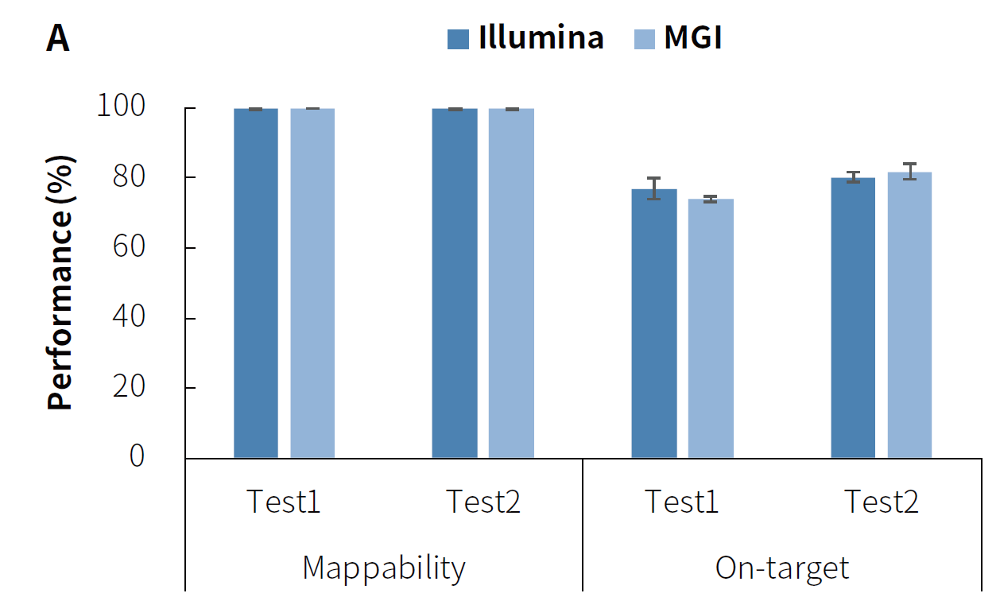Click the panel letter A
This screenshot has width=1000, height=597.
pyautogui.click(x=58, y=39)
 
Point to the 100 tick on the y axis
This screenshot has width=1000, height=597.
pyautogui.click(x=121, y=107)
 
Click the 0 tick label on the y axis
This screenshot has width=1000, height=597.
pyautogui.click(x=138, y=457)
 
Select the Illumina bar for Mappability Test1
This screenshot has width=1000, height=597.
pyautogui.click(x=256, y=283)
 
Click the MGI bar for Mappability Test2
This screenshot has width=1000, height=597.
pyautogui.click(x=511, y=283)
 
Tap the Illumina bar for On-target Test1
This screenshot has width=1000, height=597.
pyautogui.click(x=654, y=324)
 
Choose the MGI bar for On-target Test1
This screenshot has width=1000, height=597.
pyautogui.click(x=711, y=328)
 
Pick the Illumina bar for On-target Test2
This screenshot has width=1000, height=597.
pyautogui.click(x=853, y=318)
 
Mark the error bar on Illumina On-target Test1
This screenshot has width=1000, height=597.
pyautogui.click(x=654, y=188)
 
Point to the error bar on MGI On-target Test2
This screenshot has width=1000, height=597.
pyautogui.click(x=909, y=171)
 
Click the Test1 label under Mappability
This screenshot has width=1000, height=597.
pyautogui.click(x=284, y=502)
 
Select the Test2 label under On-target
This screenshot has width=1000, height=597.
pyautogui.click(x=881, y=502)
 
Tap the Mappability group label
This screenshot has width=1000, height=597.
pyautogui.click(x=384, y=568)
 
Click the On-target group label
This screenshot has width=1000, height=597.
pyautogui.click(x=782, y=568)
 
